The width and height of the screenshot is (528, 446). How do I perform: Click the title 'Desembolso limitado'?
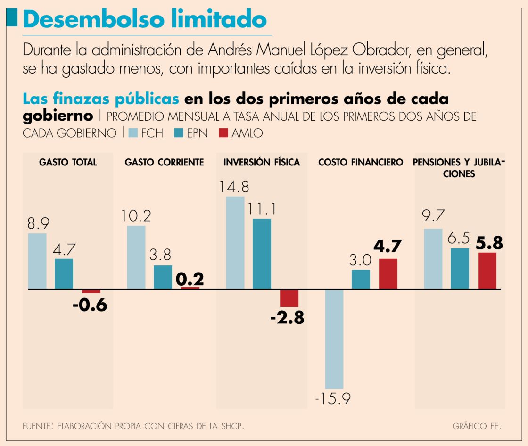tap(144, 19)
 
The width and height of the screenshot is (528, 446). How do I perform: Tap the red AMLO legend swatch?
tap(223, 133)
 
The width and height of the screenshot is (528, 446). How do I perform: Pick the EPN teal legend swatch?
tap(179, 133)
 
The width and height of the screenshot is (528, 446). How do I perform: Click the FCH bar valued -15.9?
tap(334, 339)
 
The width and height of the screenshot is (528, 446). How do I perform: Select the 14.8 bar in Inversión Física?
tap(235, 242)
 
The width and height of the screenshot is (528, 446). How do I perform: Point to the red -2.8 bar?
tap(289, 298)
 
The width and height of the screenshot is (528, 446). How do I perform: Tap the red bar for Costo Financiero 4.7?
tap(388, 273)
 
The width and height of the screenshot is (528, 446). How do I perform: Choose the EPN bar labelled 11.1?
tap(262, 254)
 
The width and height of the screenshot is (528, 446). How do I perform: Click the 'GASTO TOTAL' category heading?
tap(68, 163)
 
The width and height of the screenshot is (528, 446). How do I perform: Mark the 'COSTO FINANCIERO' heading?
tap(361, 163)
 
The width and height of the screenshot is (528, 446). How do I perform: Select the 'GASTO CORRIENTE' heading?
tap(164, 163)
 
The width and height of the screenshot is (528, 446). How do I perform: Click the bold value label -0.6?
tap(90, 306)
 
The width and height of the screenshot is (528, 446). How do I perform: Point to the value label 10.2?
tap(136, 216)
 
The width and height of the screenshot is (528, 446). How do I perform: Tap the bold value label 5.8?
tap(488, 243)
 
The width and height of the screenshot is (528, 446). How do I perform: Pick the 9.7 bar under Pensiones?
tap(433, 259)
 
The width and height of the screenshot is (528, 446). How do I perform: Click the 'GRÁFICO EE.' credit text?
tap(477, 426)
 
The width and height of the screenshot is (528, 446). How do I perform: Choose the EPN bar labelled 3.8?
tap(163, 277)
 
